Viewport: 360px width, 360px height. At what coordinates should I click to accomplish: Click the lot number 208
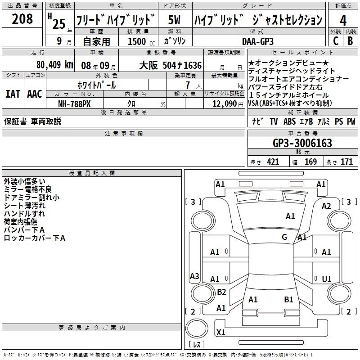click(x=22, y=19)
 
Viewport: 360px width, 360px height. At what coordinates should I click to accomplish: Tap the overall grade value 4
click(x=343, y=20)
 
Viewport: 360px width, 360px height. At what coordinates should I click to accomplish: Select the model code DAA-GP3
click(x=258, y=41)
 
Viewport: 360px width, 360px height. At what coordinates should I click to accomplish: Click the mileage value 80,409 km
click(x=55, y=65)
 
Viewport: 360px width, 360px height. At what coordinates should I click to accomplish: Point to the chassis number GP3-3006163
click(x=302, y=143)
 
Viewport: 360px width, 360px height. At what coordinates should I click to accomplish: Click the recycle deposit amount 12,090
click(x=224, y=103)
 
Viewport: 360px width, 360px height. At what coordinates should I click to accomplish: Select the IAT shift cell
click(x=13, y=94)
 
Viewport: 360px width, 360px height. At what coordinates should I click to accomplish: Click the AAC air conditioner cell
click(x=35, y=94)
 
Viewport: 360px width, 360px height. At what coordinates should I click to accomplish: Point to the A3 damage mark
click(x=194, y=276)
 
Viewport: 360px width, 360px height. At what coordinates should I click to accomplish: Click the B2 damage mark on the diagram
click(x=221, y=292)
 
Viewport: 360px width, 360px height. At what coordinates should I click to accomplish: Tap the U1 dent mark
click(x=327, y=279)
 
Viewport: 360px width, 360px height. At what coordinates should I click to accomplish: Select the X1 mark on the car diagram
click(x=220, y=332)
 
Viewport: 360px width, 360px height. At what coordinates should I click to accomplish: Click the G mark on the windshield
click(x=284, y=237)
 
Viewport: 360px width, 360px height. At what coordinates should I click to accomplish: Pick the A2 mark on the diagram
click(x=326, y=206)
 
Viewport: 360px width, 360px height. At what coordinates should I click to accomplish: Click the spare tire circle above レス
click(x=197, y=328)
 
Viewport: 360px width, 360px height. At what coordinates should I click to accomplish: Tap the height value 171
click(x=346, y=162)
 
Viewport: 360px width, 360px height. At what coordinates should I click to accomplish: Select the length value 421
click(x=273, y=162)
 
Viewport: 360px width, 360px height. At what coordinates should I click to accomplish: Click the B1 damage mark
click(x=288, y=300)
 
